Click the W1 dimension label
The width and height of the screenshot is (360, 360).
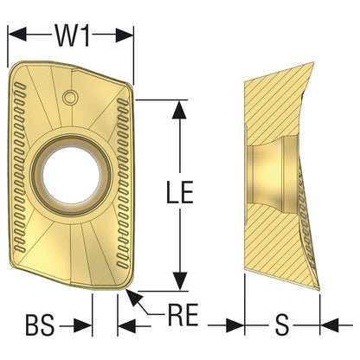(x=73, y=35)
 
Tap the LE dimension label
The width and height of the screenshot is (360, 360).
(x=179, y=192)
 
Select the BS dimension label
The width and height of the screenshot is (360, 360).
(x=40, y=325)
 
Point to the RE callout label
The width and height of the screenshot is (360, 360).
(x=183, y=314)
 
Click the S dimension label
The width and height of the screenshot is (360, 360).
(x=282, y=325)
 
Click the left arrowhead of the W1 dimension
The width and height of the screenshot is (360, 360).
(x=17, y=35)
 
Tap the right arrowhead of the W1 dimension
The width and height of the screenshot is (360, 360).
(x=125, y=35)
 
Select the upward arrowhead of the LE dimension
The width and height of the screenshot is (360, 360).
(x=179, y=109)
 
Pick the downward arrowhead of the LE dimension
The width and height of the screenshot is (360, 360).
(x=179, y=281)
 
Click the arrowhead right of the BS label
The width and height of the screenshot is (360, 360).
(x=83, y=326)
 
